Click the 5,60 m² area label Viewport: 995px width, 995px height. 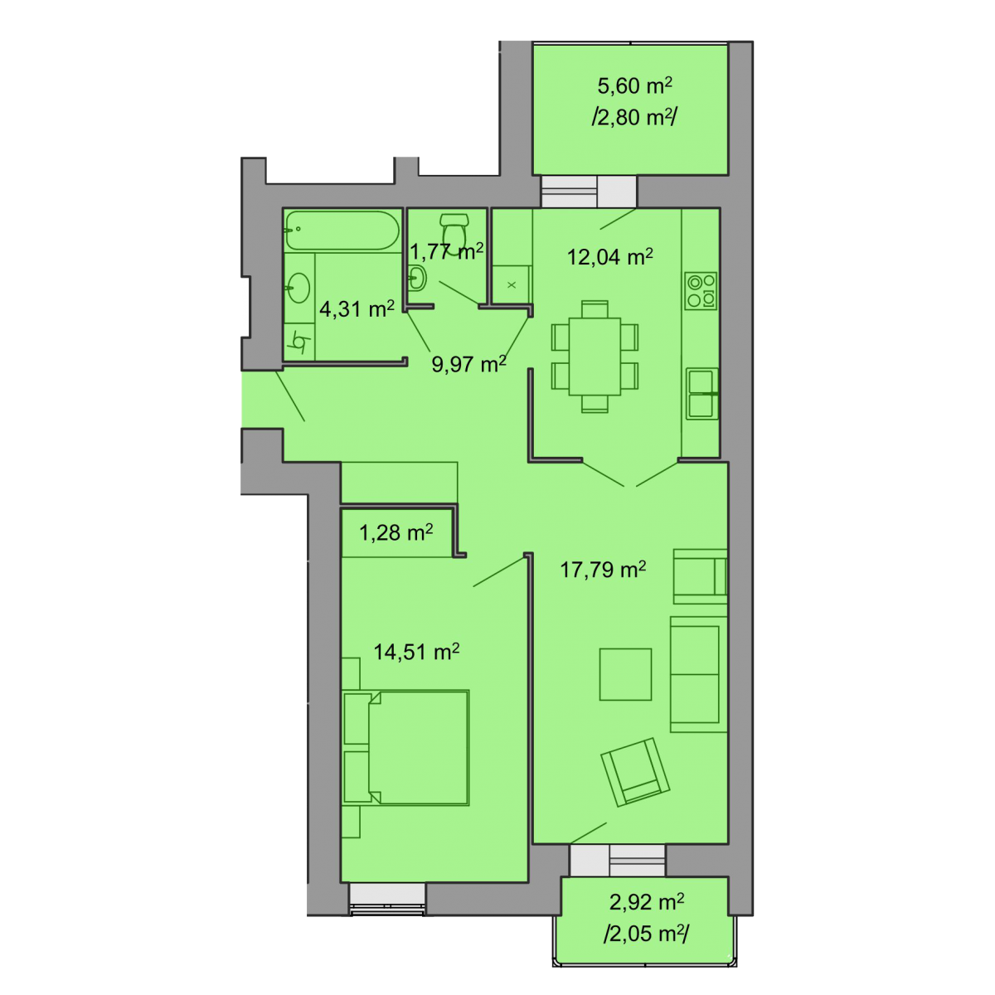(x=634, y=85)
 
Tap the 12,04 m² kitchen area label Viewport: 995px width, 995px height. (x=609, y=256)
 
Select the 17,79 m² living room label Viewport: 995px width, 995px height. (x=603, y=570)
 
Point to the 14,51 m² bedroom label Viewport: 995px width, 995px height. (x=416, y=653)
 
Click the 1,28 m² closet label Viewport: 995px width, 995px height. (x=396, y=533)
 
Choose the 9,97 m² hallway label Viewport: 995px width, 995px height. (x=468, y=364)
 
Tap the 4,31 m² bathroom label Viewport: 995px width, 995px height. (x=357, y=308)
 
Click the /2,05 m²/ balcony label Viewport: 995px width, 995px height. (x=646, y=934)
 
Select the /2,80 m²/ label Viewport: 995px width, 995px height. (x=634, y=118)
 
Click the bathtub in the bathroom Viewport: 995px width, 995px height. (x=342, y=231)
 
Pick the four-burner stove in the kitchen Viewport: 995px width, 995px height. (x=701, y=291)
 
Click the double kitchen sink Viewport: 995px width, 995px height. (x=701, y=394)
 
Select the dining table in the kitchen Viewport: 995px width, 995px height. (x=595, y=357)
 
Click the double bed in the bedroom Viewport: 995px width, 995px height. (x=405, y=748)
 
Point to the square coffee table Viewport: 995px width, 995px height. (x=625, y=674)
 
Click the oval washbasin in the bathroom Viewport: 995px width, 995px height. (x=298, y=288)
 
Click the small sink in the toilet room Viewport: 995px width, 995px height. (x=417, y=279)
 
